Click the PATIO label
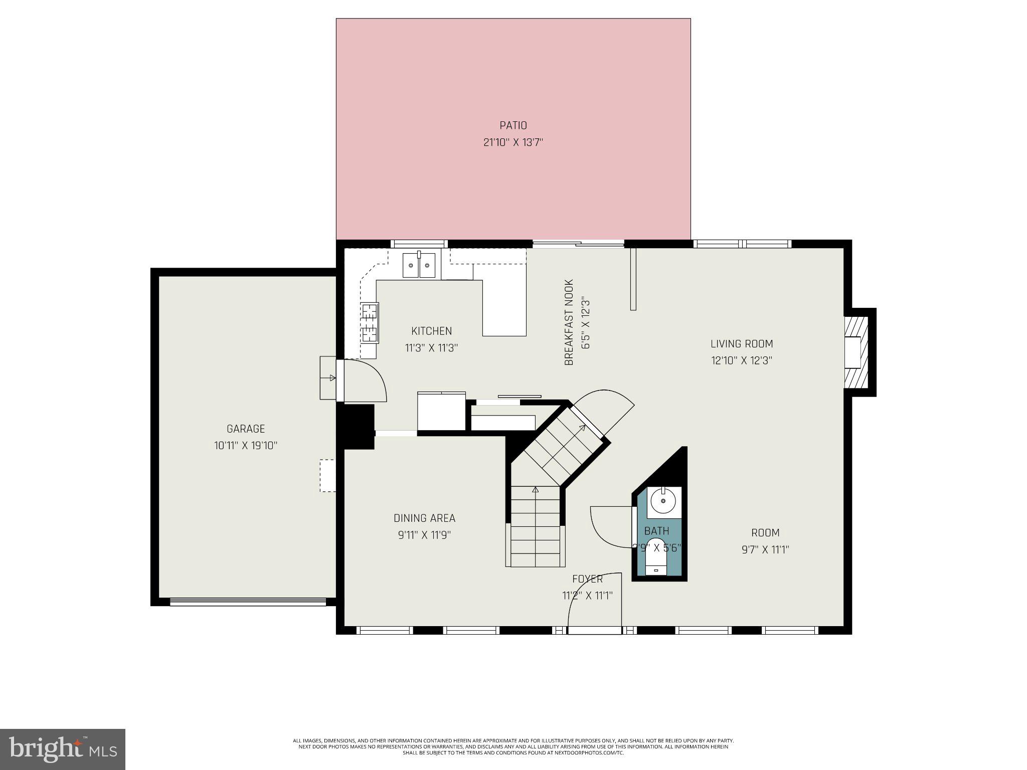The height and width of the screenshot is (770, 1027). pos(513,125)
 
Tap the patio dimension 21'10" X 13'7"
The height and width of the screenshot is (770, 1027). pos(513,142)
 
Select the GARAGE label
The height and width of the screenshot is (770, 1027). pos(245,429)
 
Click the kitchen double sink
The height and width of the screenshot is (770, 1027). pos(419,265)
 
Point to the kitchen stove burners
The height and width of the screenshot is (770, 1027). pos(370,322)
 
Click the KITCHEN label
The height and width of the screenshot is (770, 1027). pos(431,331)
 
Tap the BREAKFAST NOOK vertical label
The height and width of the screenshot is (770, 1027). pos(569,322)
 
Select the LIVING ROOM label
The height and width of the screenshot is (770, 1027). pos(741,344)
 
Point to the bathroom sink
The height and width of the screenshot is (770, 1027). pos(663,501)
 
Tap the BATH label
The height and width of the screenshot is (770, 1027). pos(656,531)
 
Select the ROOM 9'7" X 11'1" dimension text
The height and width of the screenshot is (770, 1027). pos(765,549)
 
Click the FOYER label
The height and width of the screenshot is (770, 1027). pos(587,579)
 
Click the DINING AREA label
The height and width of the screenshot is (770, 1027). pos(424,518)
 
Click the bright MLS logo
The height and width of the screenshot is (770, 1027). pos(63,749)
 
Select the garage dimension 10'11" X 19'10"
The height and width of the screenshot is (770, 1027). pos(245,445)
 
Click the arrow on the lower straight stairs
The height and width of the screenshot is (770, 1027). pos(535,490)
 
